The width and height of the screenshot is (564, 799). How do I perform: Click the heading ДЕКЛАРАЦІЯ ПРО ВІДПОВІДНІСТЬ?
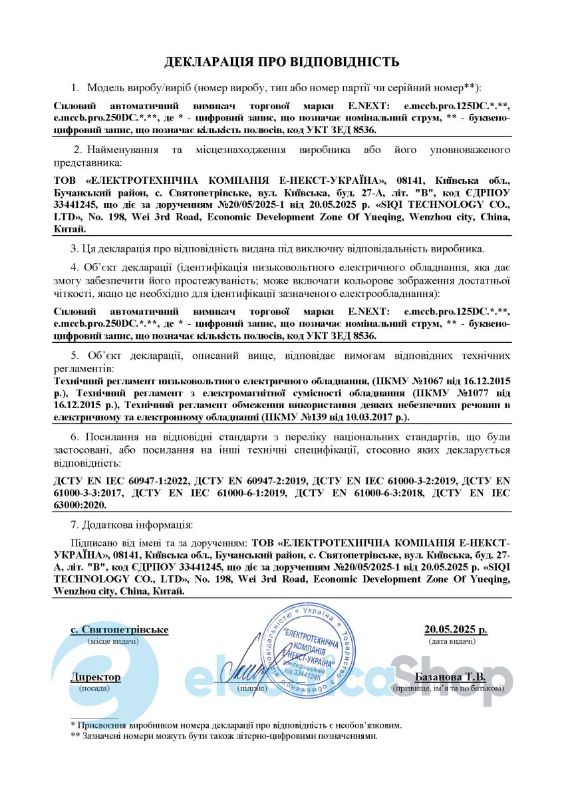(x=282, y=62)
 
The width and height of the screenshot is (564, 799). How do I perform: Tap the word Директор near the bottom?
(x=96, y=677)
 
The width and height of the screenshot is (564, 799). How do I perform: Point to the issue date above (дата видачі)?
(x=456, y=629)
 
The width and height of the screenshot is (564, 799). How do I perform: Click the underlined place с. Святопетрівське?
(x=120, y=629)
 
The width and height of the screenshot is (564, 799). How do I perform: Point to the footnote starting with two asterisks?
(x=223, y=736)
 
